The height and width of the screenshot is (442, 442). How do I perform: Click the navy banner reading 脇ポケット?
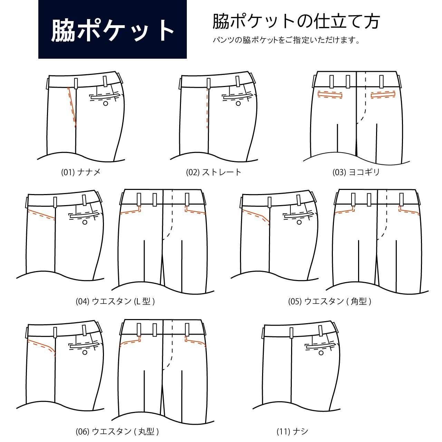click(112, 29)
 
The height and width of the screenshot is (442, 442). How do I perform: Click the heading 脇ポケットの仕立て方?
click(296, 21)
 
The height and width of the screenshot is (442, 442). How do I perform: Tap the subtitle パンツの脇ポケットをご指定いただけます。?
click(287, 40)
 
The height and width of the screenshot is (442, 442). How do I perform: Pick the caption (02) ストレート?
click(214, 172)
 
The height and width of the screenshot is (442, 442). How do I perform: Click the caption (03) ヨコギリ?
click(356, 172)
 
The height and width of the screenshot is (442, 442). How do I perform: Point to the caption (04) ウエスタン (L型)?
click(115, 301)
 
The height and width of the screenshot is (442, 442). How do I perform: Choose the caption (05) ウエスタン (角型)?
click(329, 301)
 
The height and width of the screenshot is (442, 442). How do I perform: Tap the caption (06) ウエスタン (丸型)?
click(117, 431)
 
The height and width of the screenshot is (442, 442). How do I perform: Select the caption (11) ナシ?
click(292, 431)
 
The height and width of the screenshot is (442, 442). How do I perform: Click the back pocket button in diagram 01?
click(106, 103)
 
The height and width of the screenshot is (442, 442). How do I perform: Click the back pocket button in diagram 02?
click(238, 103)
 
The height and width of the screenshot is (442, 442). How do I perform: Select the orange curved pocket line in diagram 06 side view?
click(43, 345)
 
